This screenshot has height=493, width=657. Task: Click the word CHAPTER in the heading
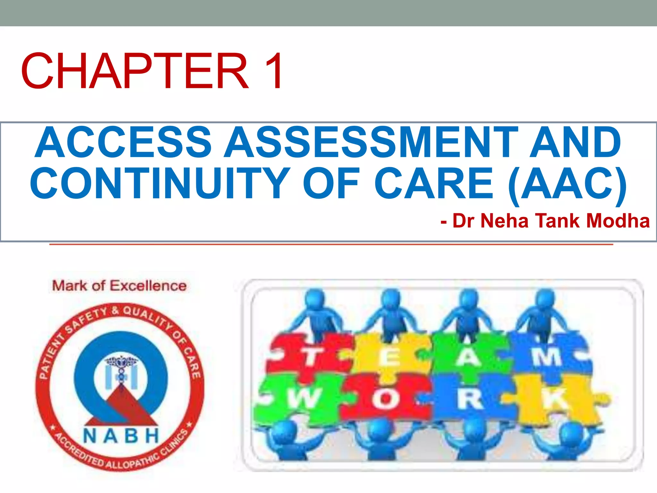coord(135,71)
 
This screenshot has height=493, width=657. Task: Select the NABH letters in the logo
coord(121,436)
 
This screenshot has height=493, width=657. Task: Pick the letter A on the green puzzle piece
coord(468,357)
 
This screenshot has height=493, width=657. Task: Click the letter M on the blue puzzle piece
coord(547,356)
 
